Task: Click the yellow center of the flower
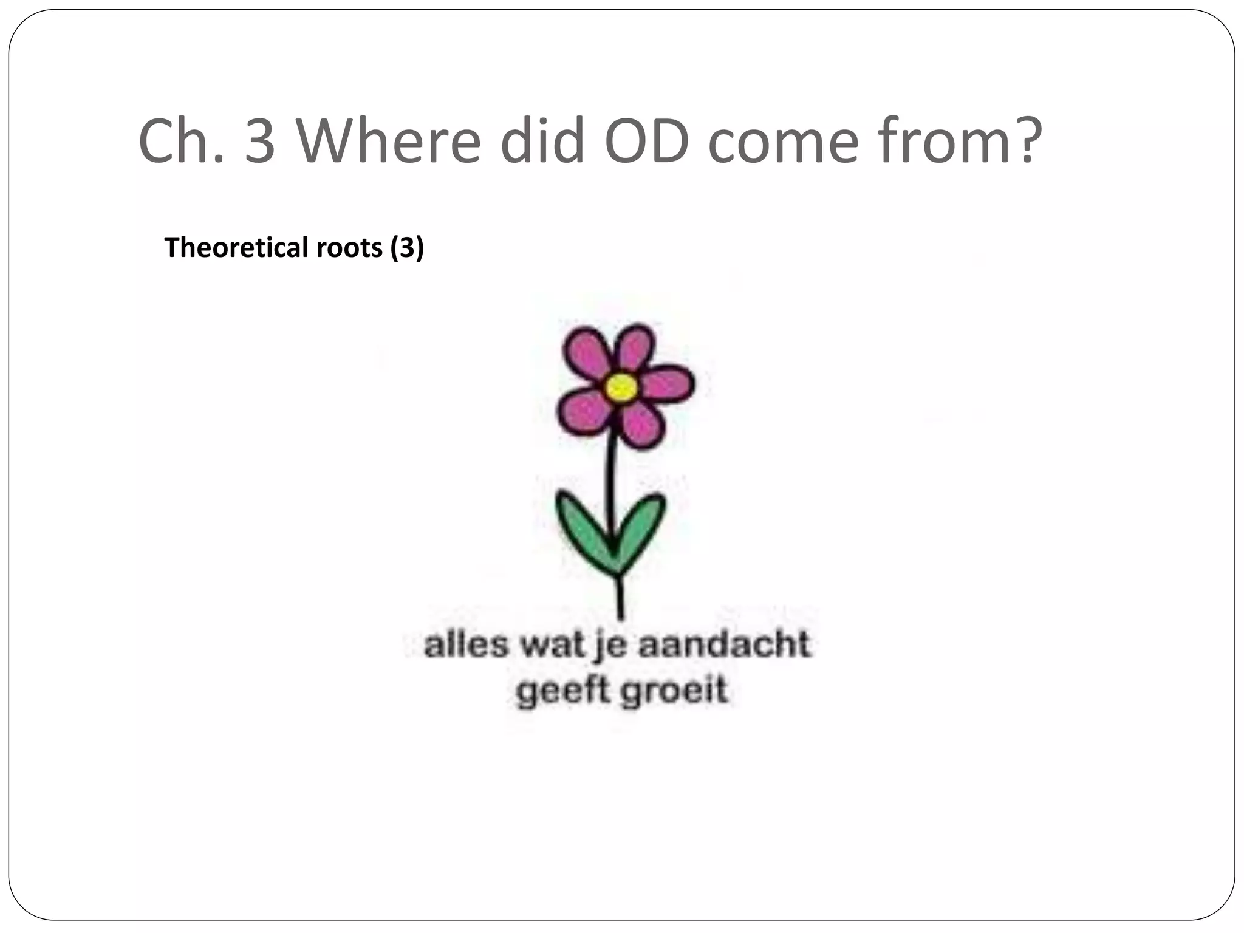[x=621, y=386]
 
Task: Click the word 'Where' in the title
[x=389, y=141]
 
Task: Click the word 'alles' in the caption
[x=465, y=644]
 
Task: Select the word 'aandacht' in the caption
[x=724, y=644]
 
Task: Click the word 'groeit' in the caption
[x=674, y=691]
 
